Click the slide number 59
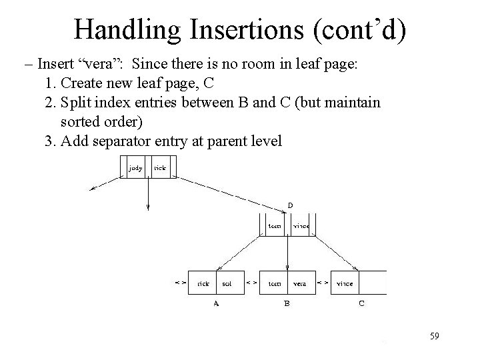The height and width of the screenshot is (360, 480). coord(434,336)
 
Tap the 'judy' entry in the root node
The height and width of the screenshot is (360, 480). coord(135,169)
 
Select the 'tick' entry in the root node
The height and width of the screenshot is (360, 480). coord(160,169)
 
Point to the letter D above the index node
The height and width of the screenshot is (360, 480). coord(290,205)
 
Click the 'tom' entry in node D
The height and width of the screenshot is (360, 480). coord(274,226)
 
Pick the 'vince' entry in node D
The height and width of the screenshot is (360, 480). coord(301,226)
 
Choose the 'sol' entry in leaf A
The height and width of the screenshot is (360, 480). coord(227,283)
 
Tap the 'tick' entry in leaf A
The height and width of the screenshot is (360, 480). coord(203,283)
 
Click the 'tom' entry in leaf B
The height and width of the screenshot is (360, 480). coord(274,283)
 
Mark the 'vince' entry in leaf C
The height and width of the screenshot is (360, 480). coord(345,283)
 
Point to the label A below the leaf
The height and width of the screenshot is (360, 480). coord(215,303)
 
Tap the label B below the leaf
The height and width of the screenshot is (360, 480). coord(287,303)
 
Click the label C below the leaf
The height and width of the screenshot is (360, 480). coord(361,303)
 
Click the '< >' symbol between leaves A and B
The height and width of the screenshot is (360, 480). coord(251,283)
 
